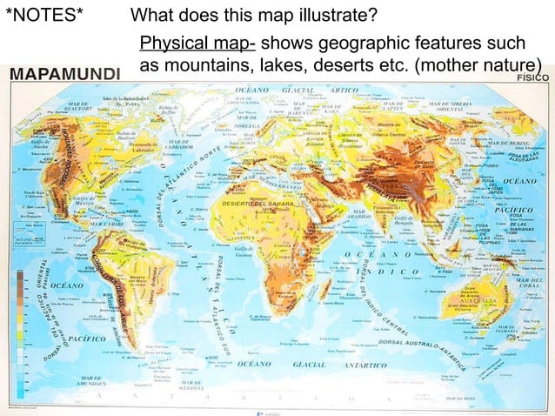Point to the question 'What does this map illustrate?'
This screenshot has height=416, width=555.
click(x=253, y=17)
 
